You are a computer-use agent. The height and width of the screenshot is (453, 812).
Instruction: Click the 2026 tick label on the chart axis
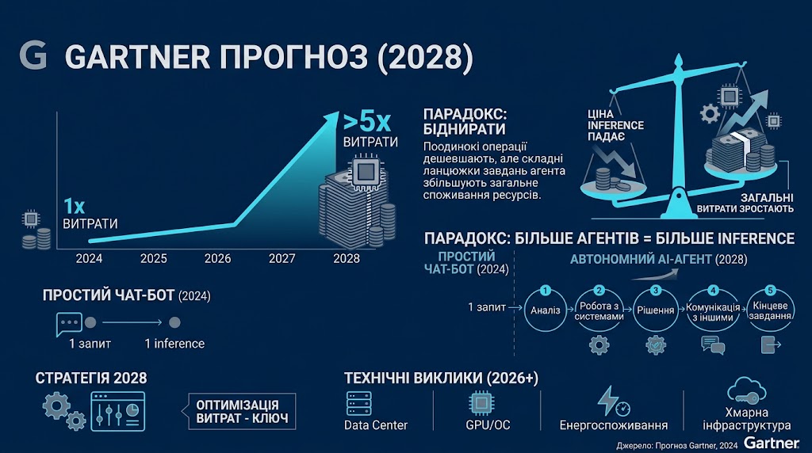217,258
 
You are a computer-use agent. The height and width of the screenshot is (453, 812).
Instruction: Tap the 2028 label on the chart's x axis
347,258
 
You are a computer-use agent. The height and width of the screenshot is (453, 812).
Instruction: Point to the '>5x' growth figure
366,122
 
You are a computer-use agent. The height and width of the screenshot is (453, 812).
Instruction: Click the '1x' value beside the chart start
74,207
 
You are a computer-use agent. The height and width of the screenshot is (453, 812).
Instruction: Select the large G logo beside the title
33,55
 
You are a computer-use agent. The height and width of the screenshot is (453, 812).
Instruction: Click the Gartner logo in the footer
772,443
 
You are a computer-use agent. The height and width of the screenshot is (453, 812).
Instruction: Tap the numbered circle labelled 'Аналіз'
546,310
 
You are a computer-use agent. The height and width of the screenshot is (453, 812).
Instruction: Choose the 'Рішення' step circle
656,310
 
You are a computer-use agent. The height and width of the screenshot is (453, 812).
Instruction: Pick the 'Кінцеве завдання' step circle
770,310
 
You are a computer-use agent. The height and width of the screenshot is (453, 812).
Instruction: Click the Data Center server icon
359,403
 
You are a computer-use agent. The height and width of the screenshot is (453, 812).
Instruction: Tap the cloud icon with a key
746,391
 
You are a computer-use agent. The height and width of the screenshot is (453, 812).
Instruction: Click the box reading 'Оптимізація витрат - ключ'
242,412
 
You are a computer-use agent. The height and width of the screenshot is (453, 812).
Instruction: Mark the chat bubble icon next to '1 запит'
68,324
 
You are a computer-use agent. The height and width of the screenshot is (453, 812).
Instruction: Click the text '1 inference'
174,344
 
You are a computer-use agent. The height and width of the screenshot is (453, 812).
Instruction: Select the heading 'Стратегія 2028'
91,378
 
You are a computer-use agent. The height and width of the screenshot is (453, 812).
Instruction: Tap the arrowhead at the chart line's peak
331,116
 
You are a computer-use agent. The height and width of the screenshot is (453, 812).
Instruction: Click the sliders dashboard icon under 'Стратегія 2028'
117,412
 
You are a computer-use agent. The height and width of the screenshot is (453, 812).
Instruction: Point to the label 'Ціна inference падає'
615,125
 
